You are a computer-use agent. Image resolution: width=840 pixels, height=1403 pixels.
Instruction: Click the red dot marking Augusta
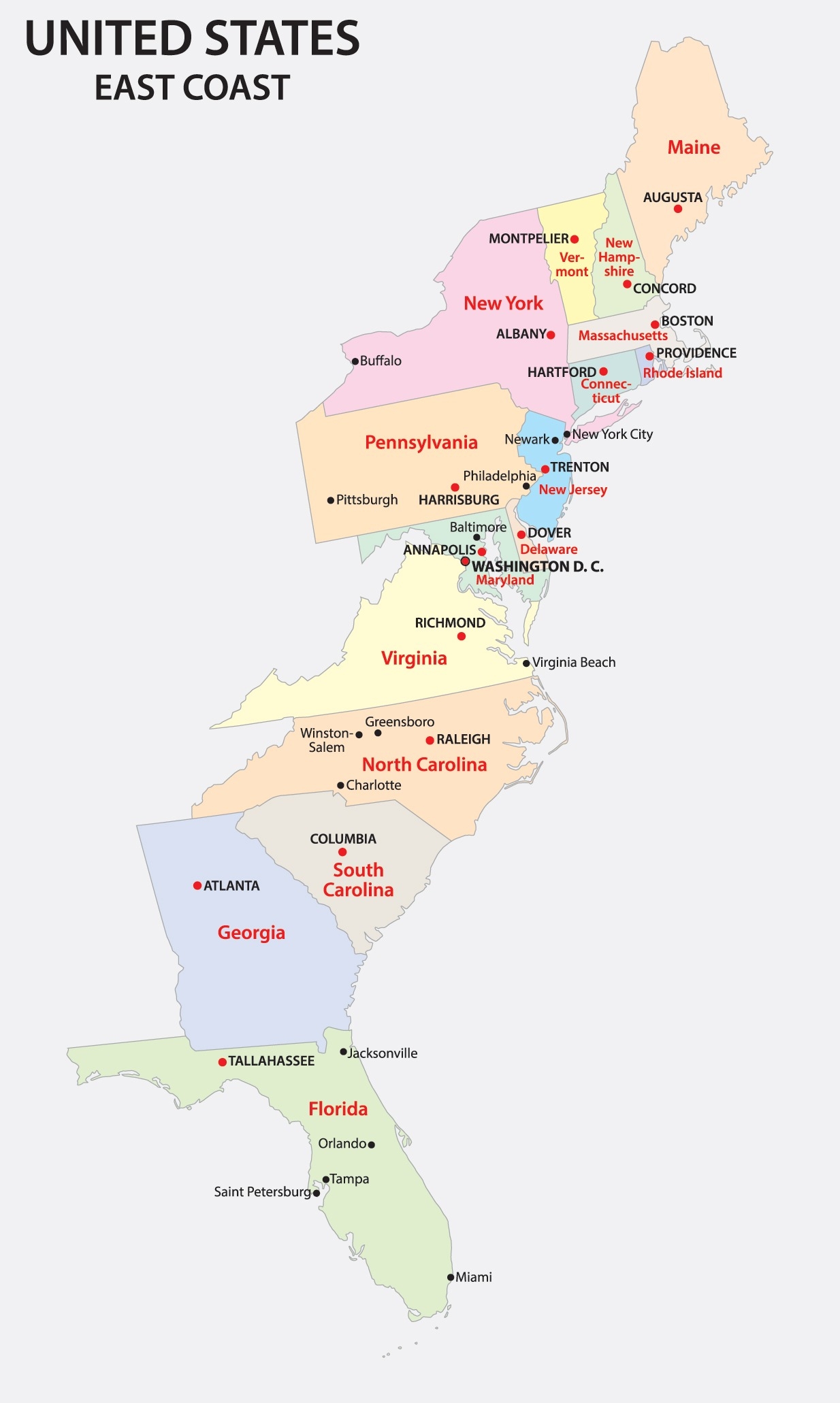pyautogui.click(x=677, y=209)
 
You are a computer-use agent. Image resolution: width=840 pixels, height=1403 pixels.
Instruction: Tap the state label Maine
pyautogui.click(x=693, y=148)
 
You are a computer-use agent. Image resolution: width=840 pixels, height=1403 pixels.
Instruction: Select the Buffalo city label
pyautogui.click(x=381, y=361)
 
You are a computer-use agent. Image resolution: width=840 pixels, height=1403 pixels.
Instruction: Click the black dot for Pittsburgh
pyautogui.click(x=331, y=500)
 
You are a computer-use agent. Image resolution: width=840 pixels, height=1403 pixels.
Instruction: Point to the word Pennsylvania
pyautogui.click(x=421, y=443)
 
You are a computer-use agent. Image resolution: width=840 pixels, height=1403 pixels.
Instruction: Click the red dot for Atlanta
pyautogui.click(x=197, y=885)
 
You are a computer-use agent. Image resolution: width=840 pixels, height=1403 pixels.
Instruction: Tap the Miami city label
pyautogui.click(x=473, y=1277)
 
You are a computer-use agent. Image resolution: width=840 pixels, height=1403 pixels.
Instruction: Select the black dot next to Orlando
pyautogui.click(x=372, y=1144)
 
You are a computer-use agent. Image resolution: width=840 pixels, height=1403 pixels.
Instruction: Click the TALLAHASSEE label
pyautogui.click(x=271, y=1061)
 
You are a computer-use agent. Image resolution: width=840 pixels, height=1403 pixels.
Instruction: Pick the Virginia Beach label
pyautogui.click(x=573, y=662)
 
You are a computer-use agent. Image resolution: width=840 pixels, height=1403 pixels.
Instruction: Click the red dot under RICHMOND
pyautogui.click(x=462, y=636)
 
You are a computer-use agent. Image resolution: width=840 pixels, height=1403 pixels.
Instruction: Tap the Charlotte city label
pyautogui.click(x=373, y=785)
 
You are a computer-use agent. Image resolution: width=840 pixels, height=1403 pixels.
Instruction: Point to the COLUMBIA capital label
pyautogui.click(x=343, y=839)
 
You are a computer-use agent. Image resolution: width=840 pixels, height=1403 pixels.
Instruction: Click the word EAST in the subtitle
pyautogui.click(x=130, y=88)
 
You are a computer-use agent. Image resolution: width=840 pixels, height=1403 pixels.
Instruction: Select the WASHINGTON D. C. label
pyautogui.click(x=537, y=566)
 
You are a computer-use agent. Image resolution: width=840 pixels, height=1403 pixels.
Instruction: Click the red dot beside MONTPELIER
pyautogui.click(x=575, y=239)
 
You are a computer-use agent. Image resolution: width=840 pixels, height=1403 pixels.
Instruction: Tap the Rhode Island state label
pyautogui.click(x=682, y=373)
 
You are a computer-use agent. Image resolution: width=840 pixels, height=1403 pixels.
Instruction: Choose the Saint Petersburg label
pyautogui.click(x=262, y=1191)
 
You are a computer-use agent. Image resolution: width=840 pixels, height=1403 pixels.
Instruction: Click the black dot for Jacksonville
pyautogui.click(x=344, y=1052)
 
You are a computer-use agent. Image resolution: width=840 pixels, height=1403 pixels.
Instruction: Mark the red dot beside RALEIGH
pyautogui.click(x=430, y=740)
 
